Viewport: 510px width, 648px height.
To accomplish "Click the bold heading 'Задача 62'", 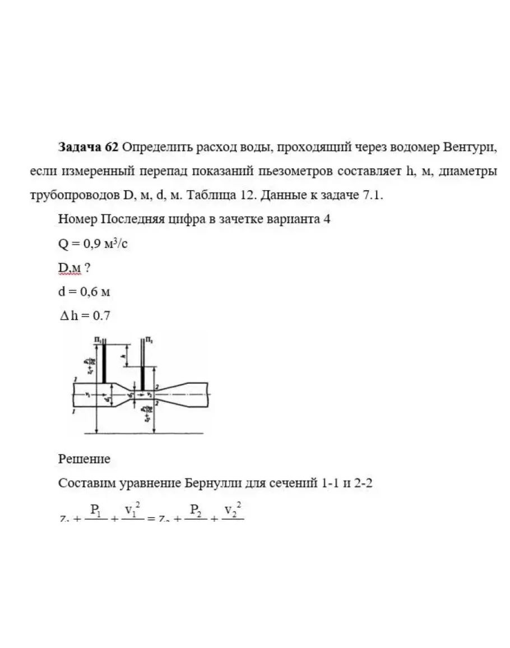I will point(88,148).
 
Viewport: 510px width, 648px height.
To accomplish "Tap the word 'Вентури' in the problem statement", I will point(470,148).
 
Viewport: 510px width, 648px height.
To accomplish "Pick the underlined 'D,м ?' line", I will point(75,268).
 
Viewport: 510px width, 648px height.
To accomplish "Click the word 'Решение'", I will point(84,459).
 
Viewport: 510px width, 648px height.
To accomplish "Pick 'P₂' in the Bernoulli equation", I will point(196,510).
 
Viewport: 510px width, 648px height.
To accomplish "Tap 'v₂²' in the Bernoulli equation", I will point(231,510).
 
